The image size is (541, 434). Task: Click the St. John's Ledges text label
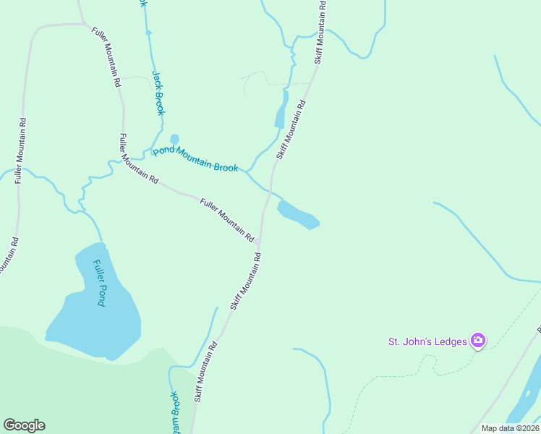(x=427, y=341)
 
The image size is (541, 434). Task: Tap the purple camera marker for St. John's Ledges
(x=477, y=340)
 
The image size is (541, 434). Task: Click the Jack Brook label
(x=158, y=93)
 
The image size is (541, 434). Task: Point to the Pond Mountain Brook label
(x=195, y=159)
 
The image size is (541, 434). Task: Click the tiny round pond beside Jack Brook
(x=174, y=139)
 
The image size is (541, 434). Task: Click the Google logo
(x=24, y=425)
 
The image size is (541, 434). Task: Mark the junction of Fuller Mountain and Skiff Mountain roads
(x=260, y=242)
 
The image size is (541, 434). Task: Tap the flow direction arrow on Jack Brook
(x=149, y=33)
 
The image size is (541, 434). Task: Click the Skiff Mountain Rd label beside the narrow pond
(x=291, y=129)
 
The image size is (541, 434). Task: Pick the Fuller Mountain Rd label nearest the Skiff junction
(x=226, y=220)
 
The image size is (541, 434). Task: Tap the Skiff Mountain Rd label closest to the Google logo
(x=205, y=373)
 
